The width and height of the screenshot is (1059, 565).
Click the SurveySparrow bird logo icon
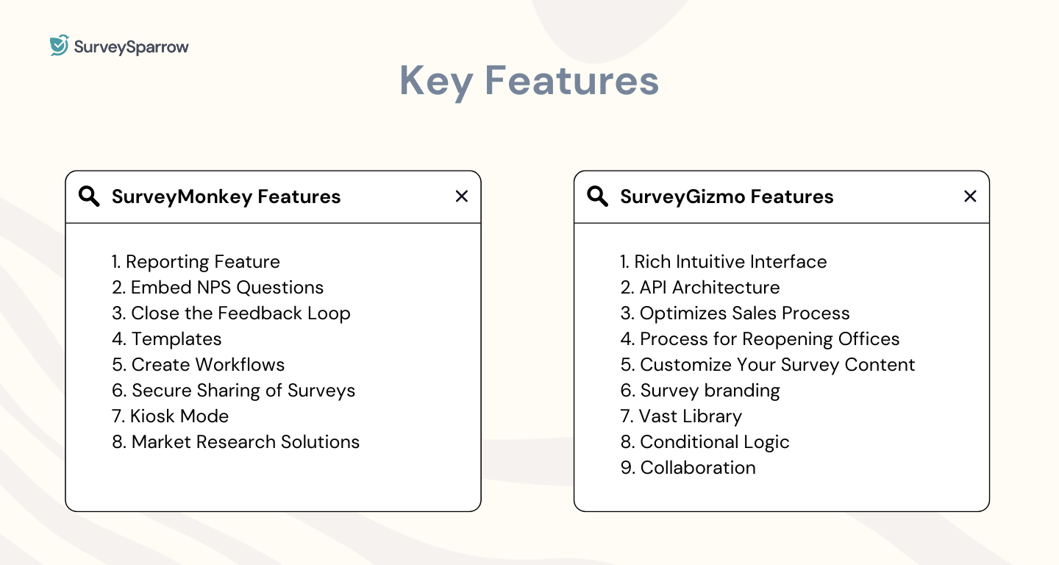point(60,46)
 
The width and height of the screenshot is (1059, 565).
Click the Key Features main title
point(529,81)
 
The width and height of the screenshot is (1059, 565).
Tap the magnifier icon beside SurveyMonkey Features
point(89,196)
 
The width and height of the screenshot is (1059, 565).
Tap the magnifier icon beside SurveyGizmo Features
point(597,196)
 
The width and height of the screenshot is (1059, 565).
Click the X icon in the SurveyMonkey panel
point(462,196)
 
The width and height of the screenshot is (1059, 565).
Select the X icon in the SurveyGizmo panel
point(970,196)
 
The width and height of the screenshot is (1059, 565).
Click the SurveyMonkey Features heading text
point(226,197)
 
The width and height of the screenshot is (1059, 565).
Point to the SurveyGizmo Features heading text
point(727,197)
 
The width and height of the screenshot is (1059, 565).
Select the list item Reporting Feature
point(196,262)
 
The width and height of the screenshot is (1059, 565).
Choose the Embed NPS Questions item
point(218,288)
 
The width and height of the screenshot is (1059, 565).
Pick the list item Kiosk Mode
point(171,416)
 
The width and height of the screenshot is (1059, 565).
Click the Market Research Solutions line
point(235,442)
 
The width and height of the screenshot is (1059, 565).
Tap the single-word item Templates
point(167,339)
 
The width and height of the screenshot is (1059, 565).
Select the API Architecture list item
point(700,288)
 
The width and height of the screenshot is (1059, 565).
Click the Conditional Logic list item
point(705,442)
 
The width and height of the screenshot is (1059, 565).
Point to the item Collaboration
point(688,468)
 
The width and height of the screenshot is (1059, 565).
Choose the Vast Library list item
point(681,416)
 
